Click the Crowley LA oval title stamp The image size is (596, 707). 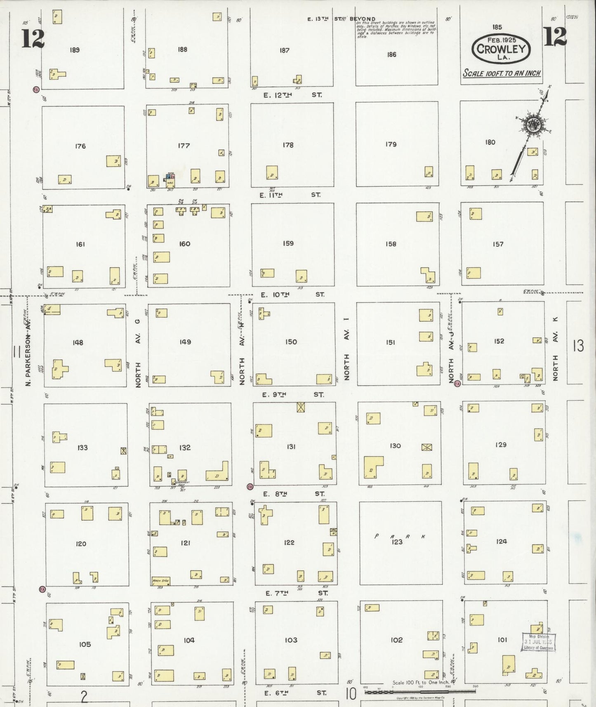click(501, 48)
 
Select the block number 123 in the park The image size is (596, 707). click(397, 542)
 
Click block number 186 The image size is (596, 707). click(391, 54)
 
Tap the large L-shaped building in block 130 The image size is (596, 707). click(373, 467)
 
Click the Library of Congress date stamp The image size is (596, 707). click(538, 642)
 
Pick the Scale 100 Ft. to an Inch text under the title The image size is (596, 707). click(501, 73)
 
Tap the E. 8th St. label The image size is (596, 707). click(293, 493)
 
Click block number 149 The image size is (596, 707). click(185, 342)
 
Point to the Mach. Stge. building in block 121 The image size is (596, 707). click(160, 581)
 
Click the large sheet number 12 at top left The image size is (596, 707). click(33, 39)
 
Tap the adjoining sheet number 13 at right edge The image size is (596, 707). click(578, 345)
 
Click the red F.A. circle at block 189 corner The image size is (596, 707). click(36, 89)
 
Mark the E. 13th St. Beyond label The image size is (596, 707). click(342, 19)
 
